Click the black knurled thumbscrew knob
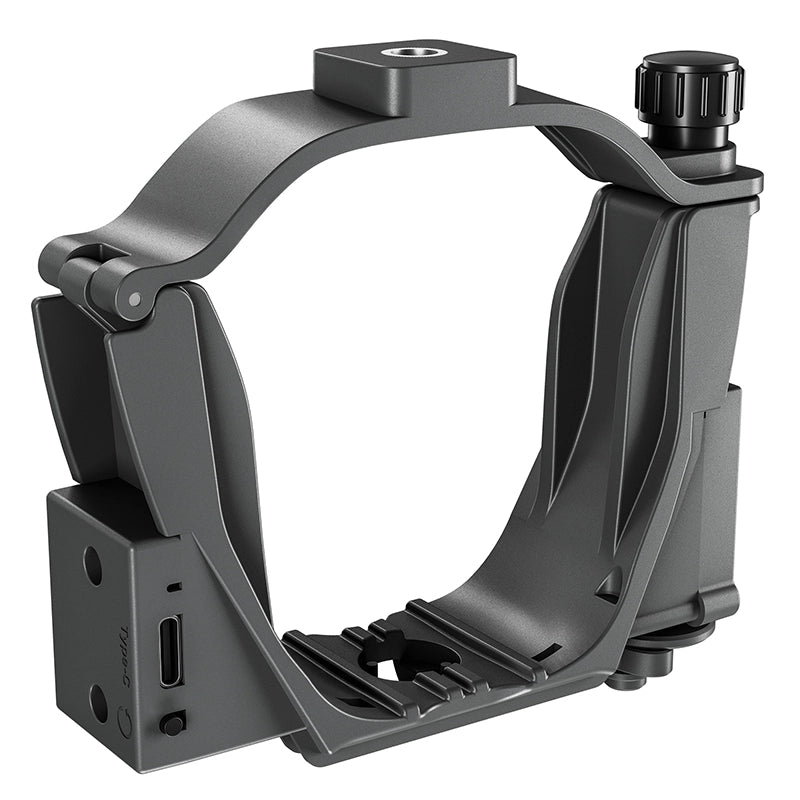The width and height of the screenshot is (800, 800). [689, 88]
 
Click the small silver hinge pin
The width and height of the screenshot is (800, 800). [134, 299]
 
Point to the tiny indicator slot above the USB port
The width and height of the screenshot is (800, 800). [174, 587]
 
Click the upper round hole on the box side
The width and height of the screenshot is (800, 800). [92, 566]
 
